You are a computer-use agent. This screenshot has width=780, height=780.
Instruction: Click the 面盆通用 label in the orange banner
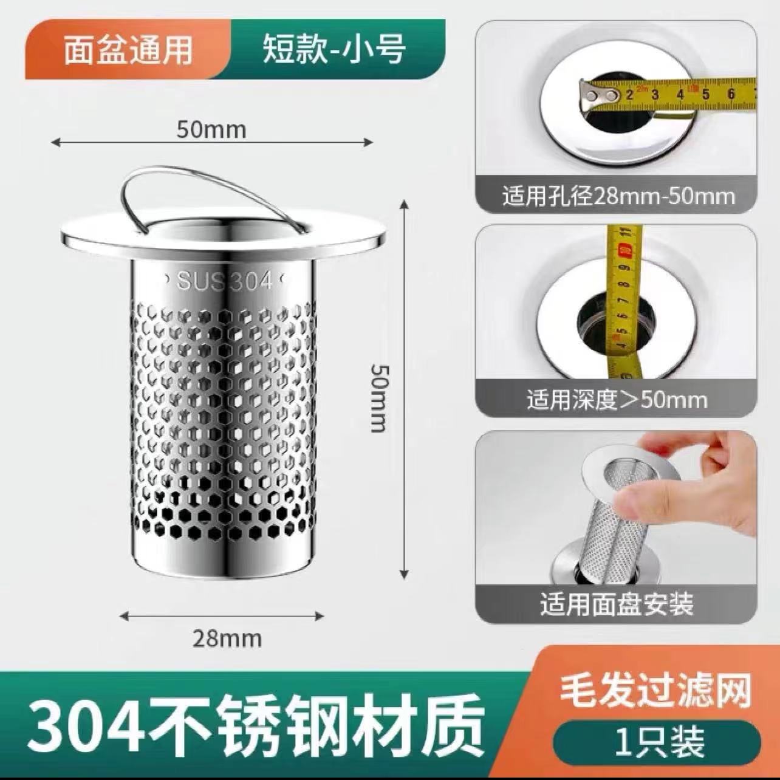128,50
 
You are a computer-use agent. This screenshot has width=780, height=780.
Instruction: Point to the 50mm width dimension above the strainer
211,129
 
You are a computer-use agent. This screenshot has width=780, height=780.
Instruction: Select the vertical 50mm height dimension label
379,398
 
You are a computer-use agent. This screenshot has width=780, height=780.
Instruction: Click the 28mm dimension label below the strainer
227,638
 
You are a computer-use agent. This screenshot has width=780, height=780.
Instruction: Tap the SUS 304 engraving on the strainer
224,281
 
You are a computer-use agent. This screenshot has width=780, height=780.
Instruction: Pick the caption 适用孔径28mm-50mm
618,196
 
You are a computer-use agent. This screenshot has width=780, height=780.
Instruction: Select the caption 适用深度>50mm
617,400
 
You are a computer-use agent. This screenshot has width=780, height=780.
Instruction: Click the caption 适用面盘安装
617,604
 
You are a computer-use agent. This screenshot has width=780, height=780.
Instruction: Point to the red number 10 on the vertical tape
623,250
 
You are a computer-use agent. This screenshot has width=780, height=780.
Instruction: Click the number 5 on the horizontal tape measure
705,94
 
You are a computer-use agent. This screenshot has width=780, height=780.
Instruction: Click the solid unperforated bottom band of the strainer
224,556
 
